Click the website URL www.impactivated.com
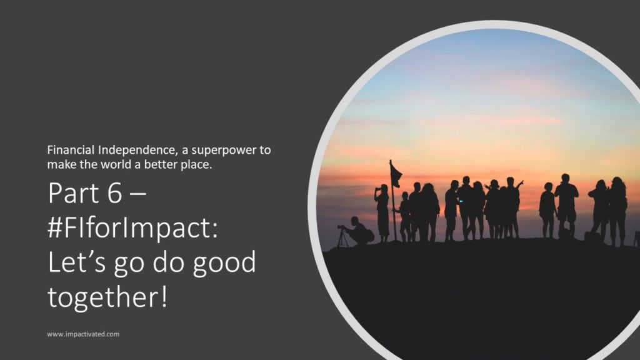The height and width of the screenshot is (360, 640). click(83, 334)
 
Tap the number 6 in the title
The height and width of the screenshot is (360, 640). click(115, 192)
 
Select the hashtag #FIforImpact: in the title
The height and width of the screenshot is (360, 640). click(133, 227)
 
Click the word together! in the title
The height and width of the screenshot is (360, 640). click(107, 297)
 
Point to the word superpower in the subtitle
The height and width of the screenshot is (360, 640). click(224, 151)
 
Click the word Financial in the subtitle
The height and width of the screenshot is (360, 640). click(71, 150)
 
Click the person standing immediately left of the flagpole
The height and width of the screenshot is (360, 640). click(382, 213)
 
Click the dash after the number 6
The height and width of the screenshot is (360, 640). click(137, 194)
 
